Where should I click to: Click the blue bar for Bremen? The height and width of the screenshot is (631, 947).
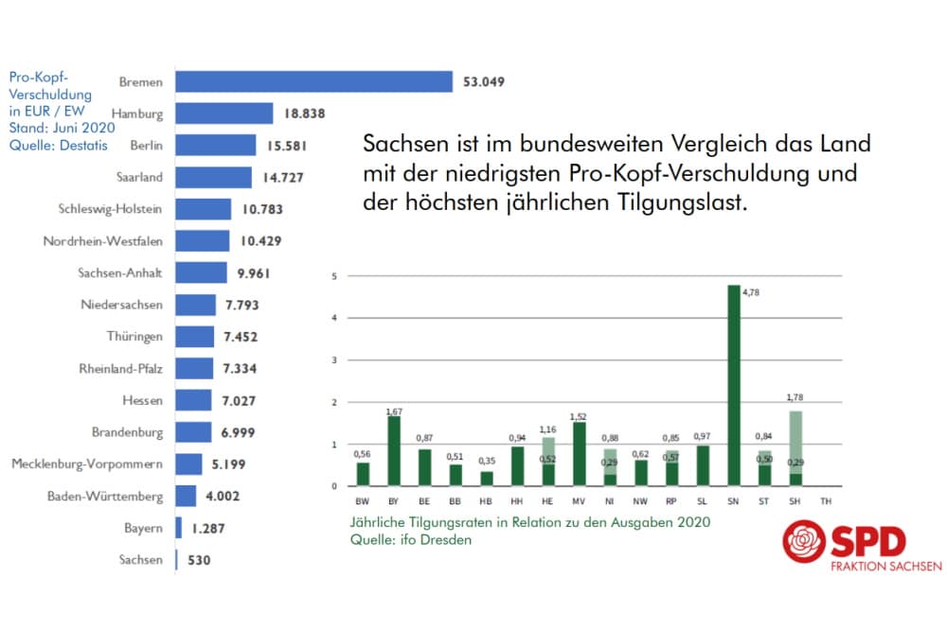[x=314, y=81]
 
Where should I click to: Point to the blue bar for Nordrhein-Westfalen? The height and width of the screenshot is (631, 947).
[x=203, y=241]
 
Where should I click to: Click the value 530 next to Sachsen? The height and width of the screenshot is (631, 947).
[x=198, y=560]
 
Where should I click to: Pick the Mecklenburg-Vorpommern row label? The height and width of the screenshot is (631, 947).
[x=87, y=464]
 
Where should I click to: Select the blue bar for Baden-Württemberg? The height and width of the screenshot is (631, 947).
[x=186, y=496]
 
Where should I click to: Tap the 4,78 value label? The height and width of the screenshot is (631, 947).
[x=751, y=292]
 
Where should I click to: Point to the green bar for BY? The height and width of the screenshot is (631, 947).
[x=395, y=451]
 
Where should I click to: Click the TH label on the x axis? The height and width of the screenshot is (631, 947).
[x=827, y=502]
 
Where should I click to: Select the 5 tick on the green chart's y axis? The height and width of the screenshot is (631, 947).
[x=334, y=276]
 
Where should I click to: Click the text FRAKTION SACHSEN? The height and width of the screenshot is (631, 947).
[x=885, y=567]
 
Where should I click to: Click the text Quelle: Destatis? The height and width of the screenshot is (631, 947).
[x=58, y=145]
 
